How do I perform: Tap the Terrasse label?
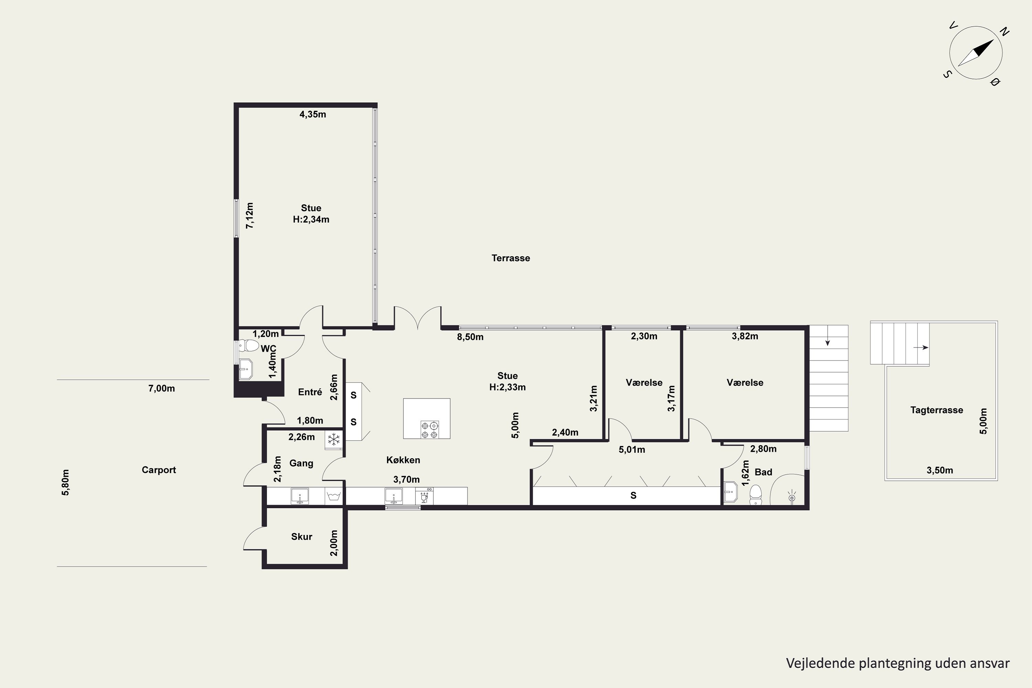point(511,258)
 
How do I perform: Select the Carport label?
point(159,470)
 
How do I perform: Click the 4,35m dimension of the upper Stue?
point(313,115)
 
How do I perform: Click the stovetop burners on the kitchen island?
point(429,430)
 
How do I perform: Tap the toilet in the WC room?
point(248,345)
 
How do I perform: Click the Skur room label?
point(302,537)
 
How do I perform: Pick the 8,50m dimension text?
point(470,337)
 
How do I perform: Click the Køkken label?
point(403,460)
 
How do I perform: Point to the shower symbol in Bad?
point(792,497)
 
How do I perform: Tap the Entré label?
point(310,392)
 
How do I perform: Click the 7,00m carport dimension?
point(161,388)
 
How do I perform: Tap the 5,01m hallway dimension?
point(632,450)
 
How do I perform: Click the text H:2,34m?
point(311,219)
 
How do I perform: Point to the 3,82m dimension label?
point(745,336)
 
